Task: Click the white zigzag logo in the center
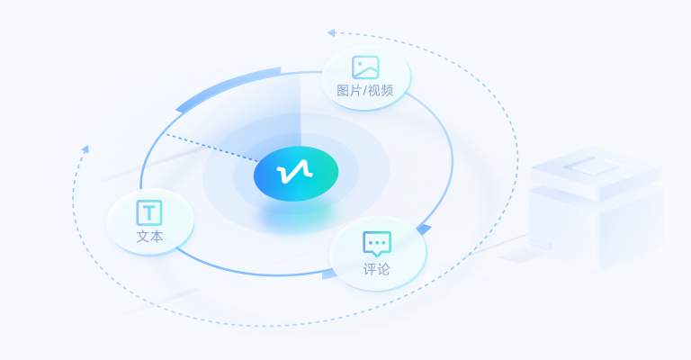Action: (294, 171)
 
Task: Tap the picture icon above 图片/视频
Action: (365, 67)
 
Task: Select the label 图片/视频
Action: (365, 90)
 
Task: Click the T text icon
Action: (149, 212)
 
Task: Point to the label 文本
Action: (150, 237)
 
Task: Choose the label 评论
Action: (377, 269)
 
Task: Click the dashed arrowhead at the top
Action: (331, 32)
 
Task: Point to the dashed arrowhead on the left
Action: (85, 149)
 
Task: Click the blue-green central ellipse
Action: (296, 174)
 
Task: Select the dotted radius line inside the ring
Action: (211, 148)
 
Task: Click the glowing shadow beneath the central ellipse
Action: (296, 216)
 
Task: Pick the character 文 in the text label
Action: (143, 237)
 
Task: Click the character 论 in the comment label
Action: (384, 269)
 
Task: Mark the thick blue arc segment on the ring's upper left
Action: (227, 88)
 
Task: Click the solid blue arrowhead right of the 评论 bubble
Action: (424, 229)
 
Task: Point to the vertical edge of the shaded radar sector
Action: (301, 110)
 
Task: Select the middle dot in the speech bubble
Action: (377, 243)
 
